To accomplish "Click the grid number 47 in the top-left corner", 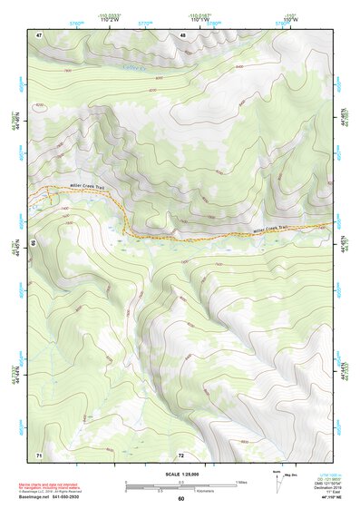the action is click(40, 34).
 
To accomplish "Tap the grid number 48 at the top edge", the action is click(183, 34).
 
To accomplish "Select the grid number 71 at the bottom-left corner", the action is click(39, 453).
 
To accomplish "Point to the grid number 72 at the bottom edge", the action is click(181, 454).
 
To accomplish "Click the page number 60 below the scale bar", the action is click(181, 499).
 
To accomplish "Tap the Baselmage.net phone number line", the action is click(65, 497).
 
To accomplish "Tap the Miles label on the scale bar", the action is click(241, 482).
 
